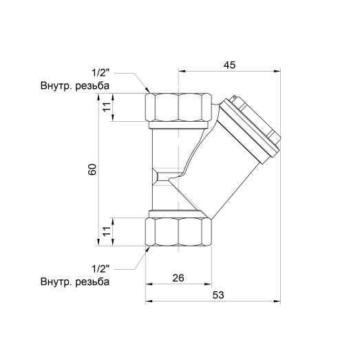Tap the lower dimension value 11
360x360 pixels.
point(105,231)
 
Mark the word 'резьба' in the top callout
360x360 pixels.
point(94,86)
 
